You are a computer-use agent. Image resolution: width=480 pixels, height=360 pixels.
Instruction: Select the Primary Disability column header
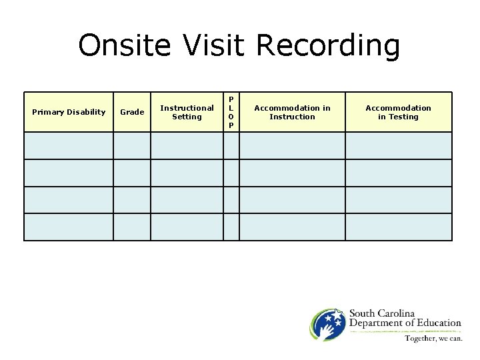click(69, 112)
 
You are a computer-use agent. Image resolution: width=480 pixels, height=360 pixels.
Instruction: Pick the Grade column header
click(131, 112)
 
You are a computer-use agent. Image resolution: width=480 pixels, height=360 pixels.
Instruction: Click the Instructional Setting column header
click(187, 112)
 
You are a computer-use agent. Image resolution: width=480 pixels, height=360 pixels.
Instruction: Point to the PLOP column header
click(231, 112)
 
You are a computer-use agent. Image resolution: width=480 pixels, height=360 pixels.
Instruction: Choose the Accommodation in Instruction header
click(292, 112)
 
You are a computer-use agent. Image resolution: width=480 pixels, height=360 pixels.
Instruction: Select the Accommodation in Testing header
click(398, 112)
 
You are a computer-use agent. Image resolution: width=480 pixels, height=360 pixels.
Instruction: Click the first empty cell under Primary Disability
click(69, 145)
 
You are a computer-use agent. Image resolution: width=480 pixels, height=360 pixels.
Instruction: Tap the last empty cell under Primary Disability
click(69, 227)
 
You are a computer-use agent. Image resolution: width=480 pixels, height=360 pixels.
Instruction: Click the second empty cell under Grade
click(131, 173)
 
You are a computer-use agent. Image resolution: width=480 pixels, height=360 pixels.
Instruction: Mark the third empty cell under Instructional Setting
click(187, 199)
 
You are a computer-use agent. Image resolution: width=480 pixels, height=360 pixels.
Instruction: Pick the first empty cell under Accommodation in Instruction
click(292, 145)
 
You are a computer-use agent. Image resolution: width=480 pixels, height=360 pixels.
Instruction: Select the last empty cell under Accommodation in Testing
click(398, 227)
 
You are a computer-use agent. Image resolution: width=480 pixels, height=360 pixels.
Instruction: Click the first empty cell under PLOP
click(231, 145)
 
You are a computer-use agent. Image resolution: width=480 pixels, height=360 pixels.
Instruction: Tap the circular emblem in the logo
click(327, 325)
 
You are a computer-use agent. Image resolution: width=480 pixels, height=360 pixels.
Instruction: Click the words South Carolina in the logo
click(382, 314)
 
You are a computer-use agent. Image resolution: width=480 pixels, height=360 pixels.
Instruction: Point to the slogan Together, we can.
click(432, 338)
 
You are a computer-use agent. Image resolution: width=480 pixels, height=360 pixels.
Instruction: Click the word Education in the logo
click(436, 323)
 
